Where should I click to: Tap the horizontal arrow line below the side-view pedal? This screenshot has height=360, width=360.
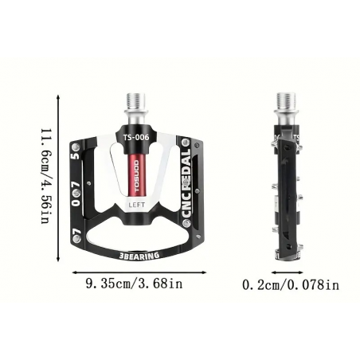click(x=288, y=271)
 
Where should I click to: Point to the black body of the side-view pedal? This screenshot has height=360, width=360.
click(x=287, y=191)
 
